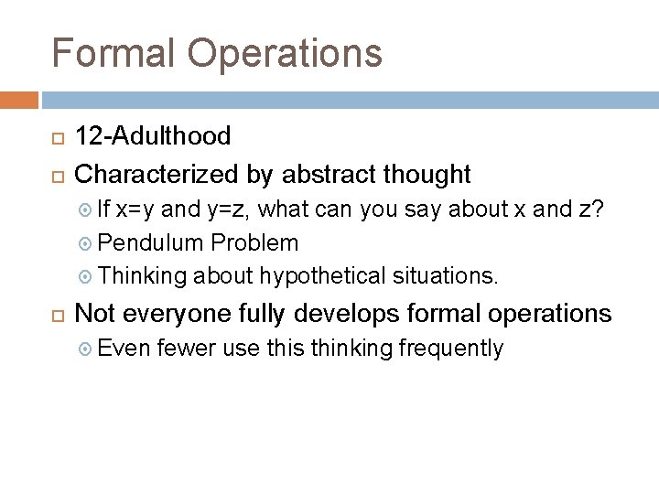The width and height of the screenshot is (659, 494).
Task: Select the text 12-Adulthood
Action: (152, 137)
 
